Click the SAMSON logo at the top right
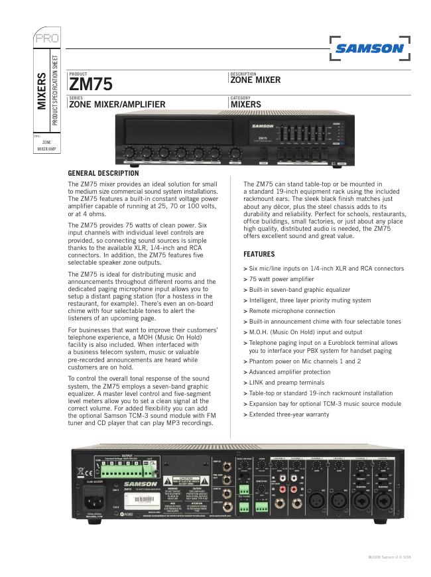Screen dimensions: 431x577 (369, 48)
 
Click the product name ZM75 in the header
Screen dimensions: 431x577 (91, 85)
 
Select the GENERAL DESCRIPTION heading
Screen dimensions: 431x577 (103, 174)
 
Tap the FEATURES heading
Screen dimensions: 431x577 (259, 254)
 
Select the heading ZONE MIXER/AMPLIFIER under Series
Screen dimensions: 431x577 (117, 104)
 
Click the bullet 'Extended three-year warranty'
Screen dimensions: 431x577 (289, 414)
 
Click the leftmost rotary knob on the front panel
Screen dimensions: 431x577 (129, 152)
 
